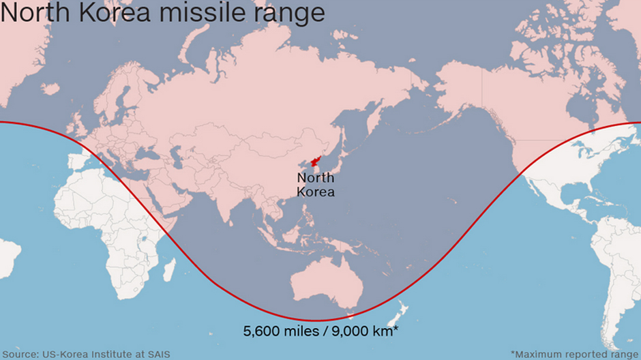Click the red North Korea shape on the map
click(315, 162)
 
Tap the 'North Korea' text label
click(316, 185)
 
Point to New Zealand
click(398, 317)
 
